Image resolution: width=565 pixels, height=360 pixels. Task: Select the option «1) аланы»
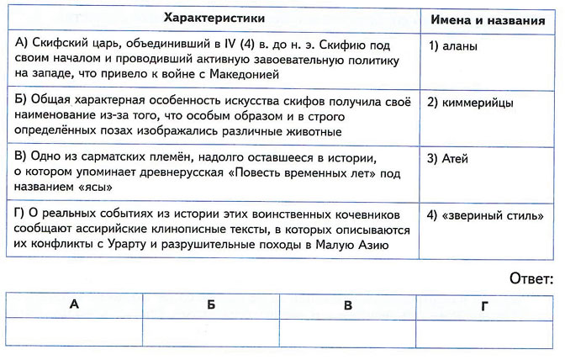point(453,46)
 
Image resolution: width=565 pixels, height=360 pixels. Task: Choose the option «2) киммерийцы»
point(471,103)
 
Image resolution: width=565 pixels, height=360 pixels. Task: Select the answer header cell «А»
point(74,304)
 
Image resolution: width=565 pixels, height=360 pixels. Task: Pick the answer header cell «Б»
point(210,304)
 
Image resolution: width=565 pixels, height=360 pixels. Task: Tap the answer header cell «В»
point(347,304)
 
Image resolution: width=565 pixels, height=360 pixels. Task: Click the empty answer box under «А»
point(74,331)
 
